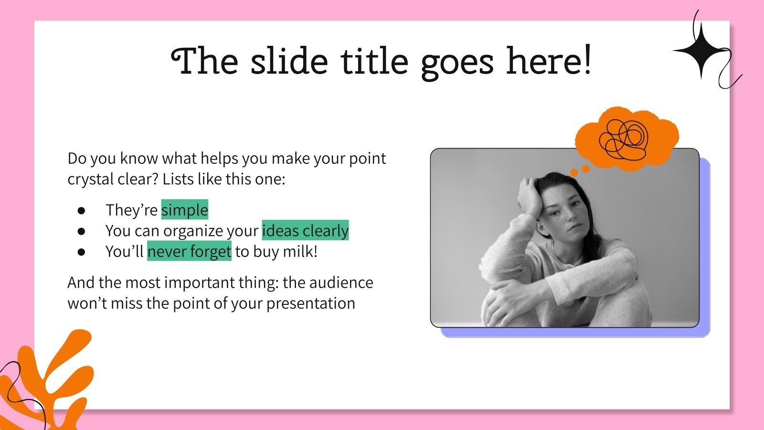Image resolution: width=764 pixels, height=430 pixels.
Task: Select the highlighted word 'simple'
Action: [x=184, y=210]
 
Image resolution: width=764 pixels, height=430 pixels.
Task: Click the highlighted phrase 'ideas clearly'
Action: [x=305, y=230]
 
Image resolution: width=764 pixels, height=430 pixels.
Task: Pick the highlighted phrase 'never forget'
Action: [x=189, y=251]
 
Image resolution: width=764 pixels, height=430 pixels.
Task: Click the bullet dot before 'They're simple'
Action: [x=81, y=210]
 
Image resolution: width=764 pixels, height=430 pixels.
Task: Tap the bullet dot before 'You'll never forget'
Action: [x=81, y=252]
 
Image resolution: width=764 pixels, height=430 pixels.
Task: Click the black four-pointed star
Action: [x=701, y=51]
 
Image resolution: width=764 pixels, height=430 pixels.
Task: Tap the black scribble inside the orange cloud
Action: [x=624, y=140]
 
